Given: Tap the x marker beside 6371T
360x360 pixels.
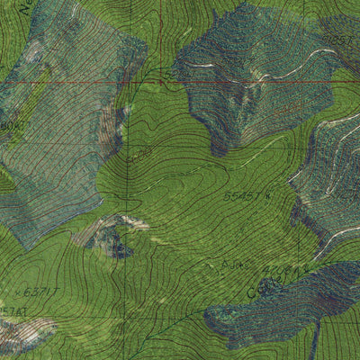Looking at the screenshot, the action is coord(19,293).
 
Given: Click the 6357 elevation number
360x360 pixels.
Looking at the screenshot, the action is coord(339,40).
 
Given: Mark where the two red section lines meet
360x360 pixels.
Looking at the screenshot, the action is coord(161,82).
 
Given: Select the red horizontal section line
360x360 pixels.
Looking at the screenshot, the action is coord(90,84).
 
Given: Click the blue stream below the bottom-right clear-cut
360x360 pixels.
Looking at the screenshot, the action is coord(316,342).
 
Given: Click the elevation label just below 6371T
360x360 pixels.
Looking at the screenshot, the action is coord(13,310).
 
